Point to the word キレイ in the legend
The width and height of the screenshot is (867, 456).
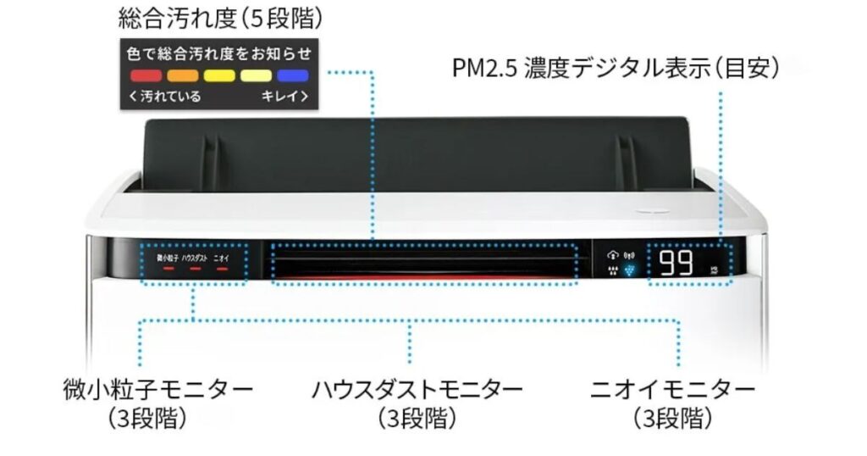coord(284,96)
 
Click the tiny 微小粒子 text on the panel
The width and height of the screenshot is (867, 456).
coord(167,256)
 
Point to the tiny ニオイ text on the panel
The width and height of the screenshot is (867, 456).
coord(222,256)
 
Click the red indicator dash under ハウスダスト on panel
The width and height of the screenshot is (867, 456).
coord(195,269)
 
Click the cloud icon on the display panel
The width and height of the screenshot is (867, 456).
coord(613,254)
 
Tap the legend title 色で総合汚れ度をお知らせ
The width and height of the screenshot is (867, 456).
coord(218,53)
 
